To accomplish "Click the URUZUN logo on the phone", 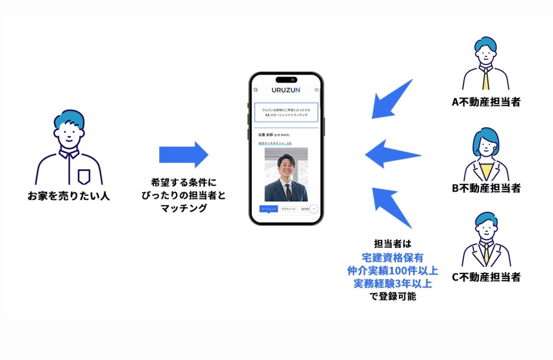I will coord(286,90).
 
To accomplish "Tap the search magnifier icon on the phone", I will coord(256,90).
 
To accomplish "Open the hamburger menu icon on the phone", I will coord(316,90).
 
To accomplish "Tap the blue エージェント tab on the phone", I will coord(268,209).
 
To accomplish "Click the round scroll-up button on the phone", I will coord(314,209).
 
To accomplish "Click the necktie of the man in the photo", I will coord(288,192).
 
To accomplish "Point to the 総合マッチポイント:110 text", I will coord(275,143).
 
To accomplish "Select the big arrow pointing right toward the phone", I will coord(183,155).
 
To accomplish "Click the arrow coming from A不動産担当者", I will coord(391,99).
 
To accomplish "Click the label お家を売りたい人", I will coord(68,196).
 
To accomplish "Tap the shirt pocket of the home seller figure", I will coord(84,176).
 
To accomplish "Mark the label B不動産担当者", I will coord(486,188).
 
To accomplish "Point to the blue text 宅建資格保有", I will coord(392,258).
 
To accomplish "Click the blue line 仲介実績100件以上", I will coord(392,271).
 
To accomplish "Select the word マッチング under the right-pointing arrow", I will coord(183,208).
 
